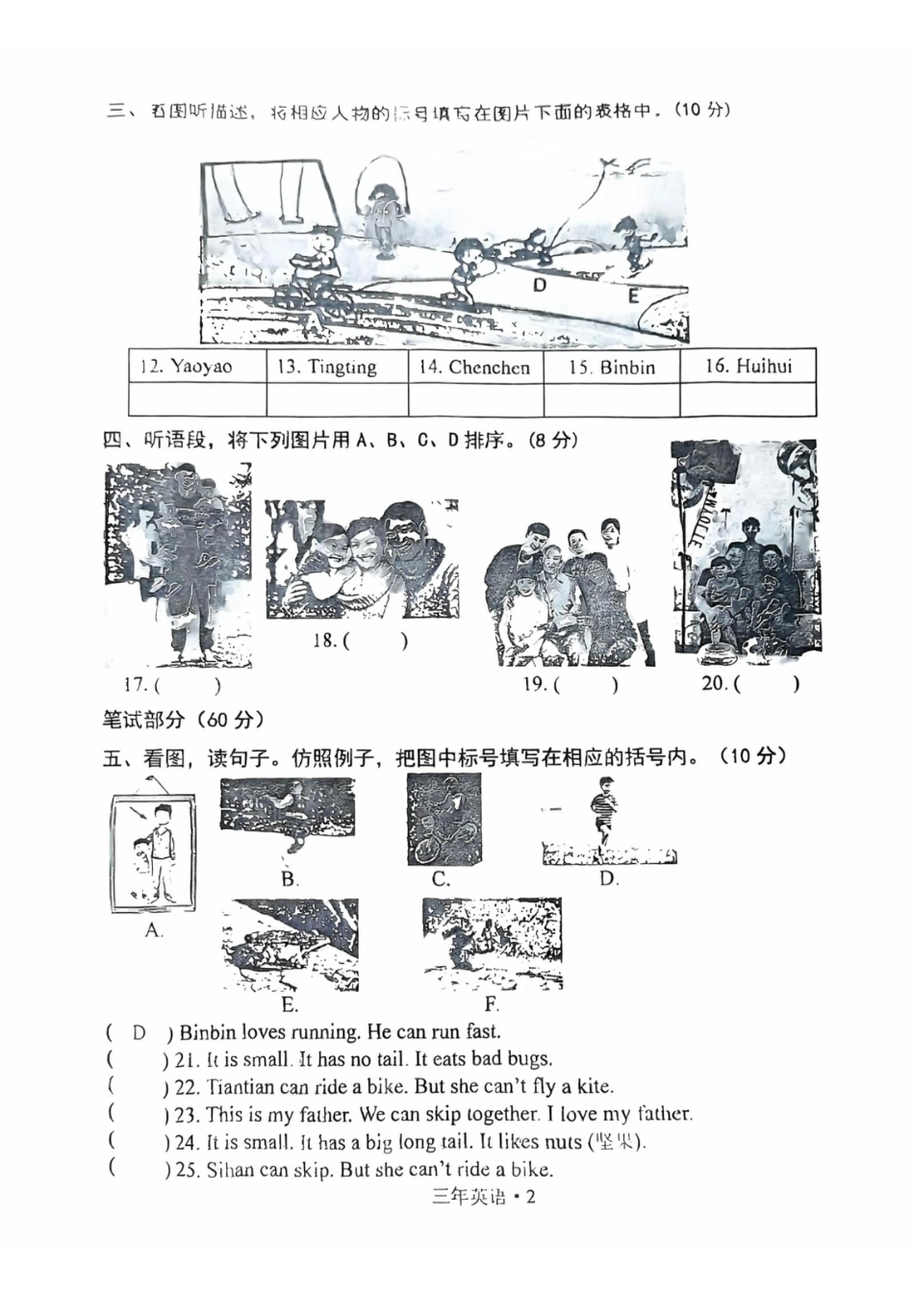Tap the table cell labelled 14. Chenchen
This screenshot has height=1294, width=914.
pos(475,367)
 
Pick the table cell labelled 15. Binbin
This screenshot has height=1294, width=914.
pos(612,367)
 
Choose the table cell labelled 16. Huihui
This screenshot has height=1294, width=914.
pos(748,366)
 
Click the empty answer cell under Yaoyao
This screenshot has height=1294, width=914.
pos(196,399)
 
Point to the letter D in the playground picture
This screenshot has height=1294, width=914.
pos(540,285)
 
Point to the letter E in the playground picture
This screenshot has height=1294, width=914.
pos(633,296)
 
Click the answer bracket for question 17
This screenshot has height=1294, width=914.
pos(187,685)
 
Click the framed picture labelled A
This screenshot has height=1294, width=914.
pos(154,853)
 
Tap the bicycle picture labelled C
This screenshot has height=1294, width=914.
pos(444,820)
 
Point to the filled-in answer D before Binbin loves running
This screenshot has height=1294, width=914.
pos(140,1032)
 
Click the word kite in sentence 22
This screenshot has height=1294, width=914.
pos(594,1086)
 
